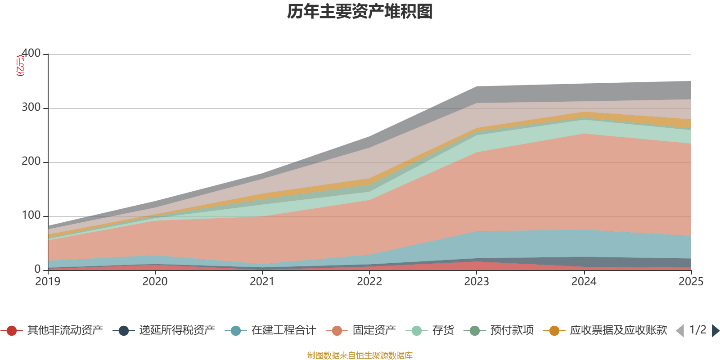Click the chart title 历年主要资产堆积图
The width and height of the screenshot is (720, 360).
(x=360, y=12)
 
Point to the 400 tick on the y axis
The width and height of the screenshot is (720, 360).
(x=31, y=54)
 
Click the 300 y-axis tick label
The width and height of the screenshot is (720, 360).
(x=31, y=108)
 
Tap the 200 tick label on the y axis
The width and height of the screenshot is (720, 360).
(x=31, y=162)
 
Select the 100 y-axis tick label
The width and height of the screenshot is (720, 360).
(x=31, y=216)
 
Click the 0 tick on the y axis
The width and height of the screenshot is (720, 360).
(x=38, y=269)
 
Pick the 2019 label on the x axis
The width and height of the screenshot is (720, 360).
(x=48, y=282)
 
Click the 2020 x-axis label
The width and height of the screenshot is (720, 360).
(x=155, y=282)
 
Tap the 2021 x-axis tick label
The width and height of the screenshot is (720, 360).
(x=262, y=282)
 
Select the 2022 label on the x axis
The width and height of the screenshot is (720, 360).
(x=369, y=282)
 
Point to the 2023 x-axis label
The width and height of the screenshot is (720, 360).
(x=477, y=282)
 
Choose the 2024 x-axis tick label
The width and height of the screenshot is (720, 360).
(x=584, y=282)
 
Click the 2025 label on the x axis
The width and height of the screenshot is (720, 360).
(x=691, y=282)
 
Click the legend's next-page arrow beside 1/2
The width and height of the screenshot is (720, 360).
(x=715, y=331)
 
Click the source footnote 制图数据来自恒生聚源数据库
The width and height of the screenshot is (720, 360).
(x=360, y=355)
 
